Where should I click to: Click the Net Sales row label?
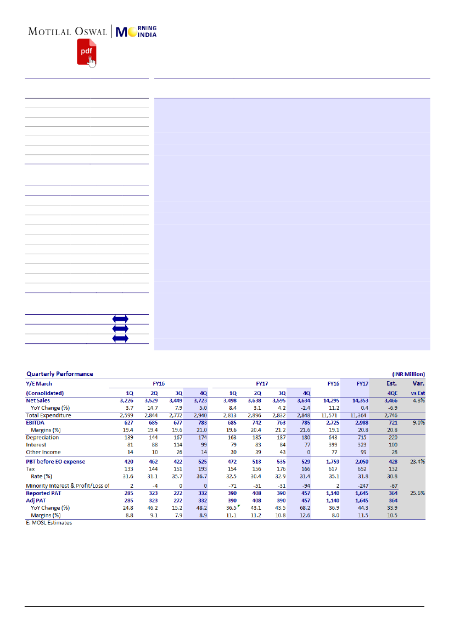(38, 401)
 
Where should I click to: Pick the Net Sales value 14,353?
(360, 401)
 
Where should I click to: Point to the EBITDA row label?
(36, 423)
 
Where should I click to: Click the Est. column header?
(391, 383)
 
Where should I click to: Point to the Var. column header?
(418, 383)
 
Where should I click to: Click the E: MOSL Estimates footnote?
(48, 522)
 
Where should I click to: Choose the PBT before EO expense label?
(55, 461)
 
